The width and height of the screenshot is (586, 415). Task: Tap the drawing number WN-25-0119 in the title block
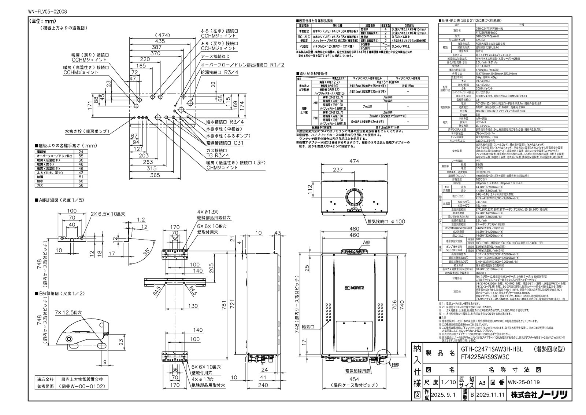pos(523,382)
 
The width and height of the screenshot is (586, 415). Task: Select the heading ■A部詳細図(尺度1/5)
pos(59,200)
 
